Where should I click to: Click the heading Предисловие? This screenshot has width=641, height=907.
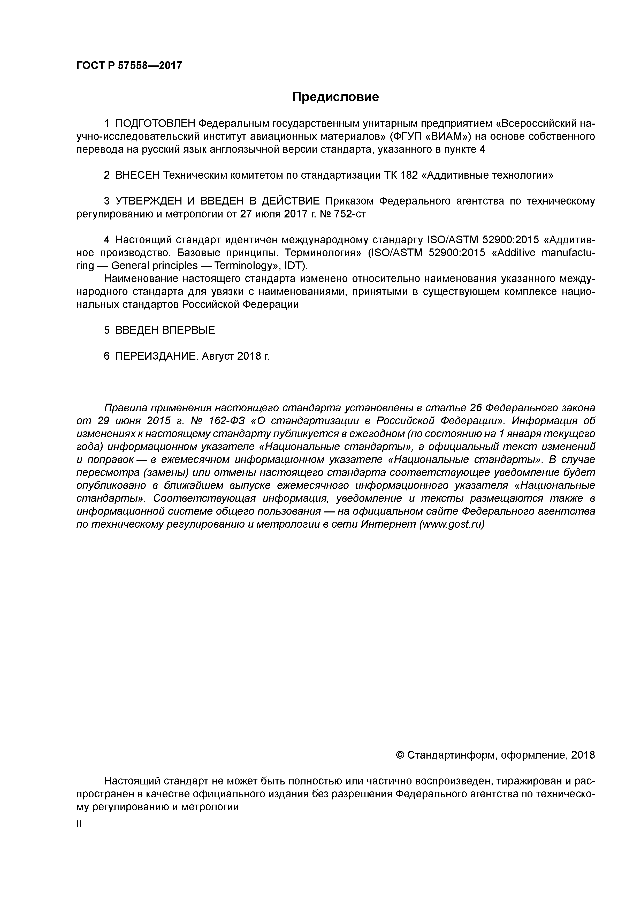click(x=335, y=97)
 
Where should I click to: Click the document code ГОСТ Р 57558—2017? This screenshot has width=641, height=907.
click(x=129, y=66)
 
